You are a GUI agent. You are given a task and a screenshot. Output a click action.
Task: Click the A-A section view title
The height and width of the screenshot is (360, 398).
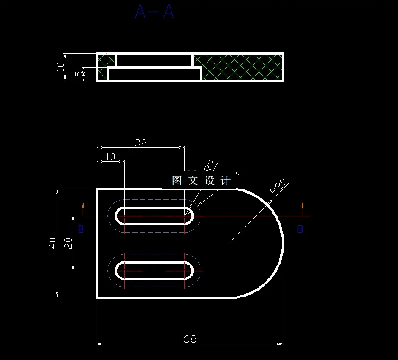155,12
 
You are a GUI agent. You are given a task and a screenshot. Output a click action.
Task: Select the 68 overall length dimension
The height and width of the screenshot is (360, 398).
190,339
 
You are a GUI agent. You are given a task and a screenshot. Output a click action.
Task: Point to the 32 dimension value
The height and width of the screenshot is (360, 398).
140,143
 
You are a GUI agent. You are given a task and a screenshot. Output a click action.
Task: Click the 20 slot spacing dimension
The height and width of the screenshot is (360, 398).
68,243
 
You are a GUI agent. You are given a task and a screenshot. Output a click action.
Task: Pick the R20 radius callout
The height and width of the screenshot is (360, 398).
279,186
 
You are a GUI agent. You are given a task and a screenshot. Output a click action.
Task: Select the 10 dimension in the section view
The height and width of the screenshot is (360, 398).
61,67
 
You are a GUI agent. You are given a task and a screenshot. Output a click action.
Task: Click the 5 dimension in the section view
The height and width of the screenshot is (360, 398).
77,74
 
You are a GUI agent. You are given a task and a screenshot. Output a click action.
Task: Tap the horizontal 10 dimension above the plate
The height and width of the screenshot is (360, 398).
110,157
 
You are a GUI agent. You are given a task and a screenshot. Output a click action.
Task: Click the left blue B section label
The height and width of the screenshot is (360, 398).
81,229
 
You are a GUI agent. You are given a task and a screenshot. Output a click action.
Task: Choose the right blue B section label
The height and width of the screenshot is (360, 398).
300,229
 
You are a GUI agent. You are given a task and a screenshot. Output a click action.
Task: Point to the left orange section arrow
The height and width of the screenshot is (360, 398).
83,208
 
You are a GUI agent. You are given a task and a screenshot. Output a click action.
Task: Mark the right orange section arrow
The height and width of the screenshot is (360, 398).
303,208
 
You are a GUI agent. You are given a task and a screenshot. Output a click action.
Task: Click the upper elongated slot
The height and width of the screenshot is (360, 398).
155,216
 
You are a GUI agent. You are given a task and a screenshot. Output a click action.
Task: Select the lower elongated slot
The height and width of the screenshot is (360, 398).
155,270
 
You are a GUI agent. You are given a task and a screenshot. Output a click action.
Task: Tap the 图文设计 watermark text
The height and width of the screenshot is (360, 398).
201,181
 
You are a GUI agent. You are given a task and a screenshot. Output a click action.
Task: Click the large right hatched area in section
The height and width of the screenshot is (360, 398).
238,67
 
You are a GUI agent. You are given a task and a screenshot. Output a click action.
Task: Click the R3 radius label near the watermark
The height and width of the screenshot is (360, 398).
210,165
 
